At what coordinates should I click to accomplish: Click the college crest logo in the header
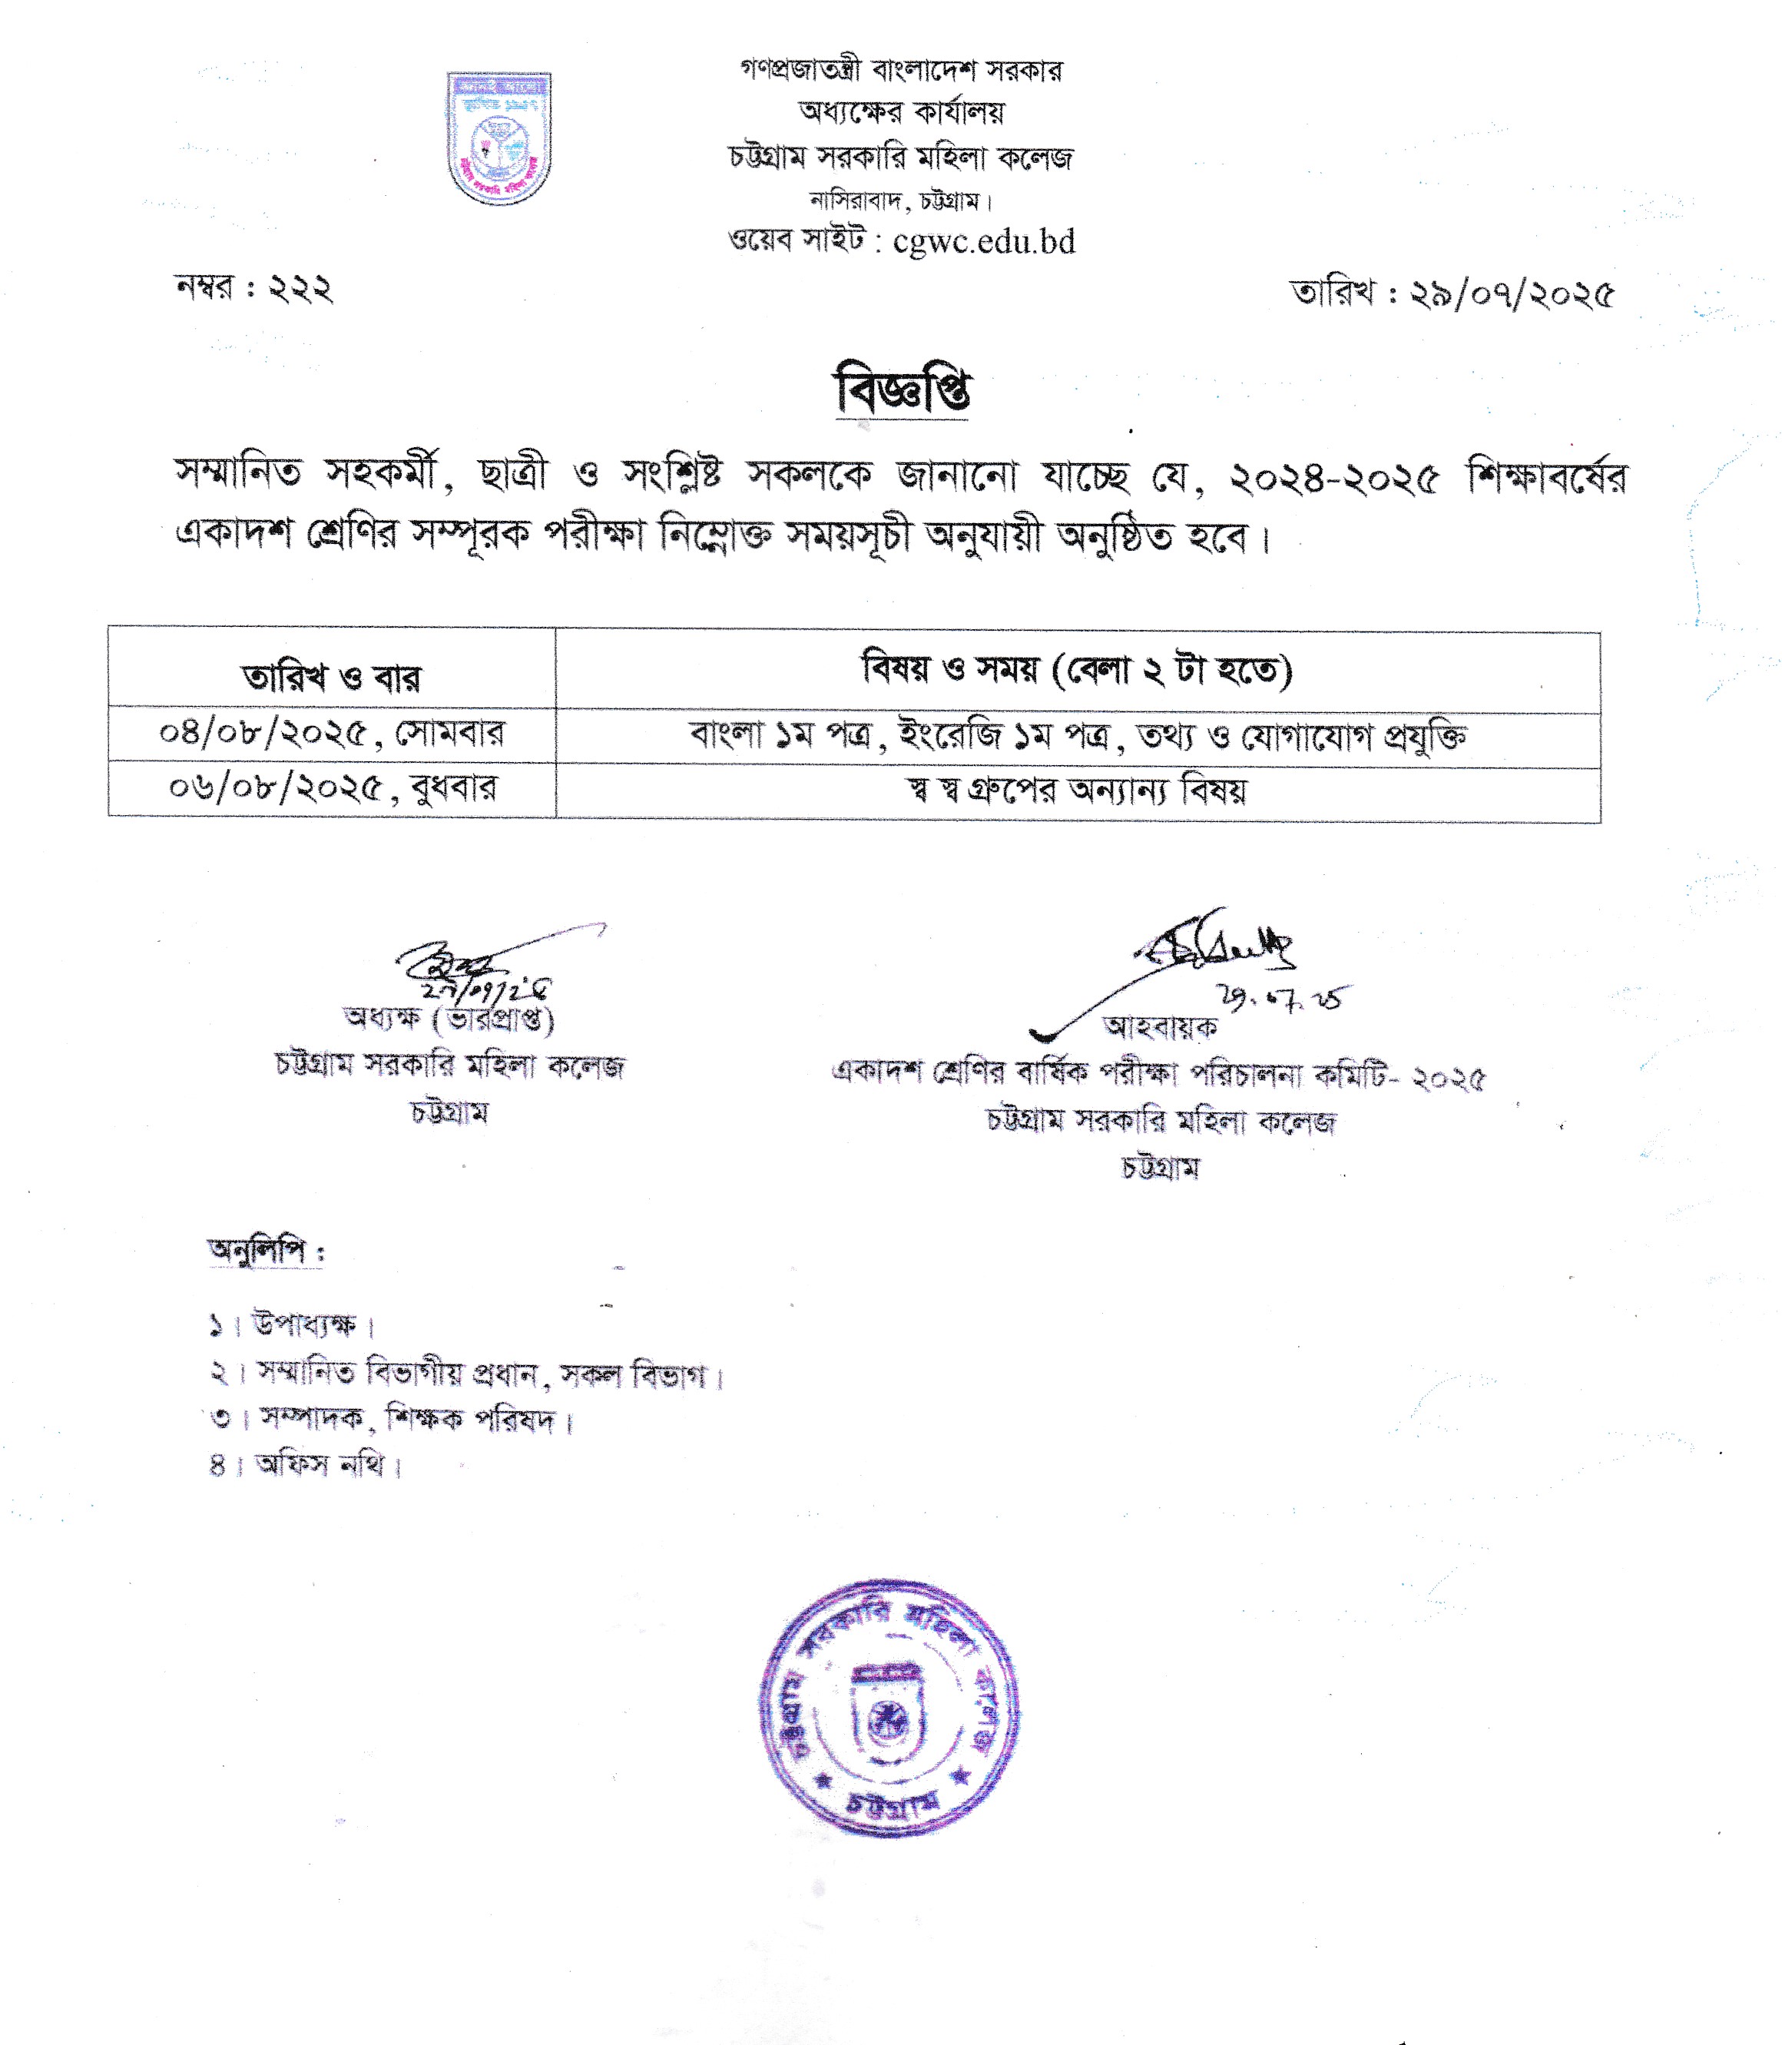pyautogui.click(x=499, y=138)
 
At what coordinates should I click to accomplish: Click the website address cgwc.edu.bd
pyautogui.click(x=983, y=242)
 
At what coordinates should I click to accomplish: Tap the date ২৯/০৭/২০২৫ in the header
pyautogui.click(x=1512, y=294)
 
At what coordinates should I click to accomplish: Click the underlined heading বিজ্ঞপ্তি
pyautogui.click(x=902, y=390)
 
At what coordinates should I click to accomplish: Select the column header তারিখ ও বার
pyautogui.click(x=331, y=678)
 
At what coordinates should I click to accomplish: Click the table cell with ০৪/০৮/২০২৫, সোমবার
pyautogui.click(x=331, y=734)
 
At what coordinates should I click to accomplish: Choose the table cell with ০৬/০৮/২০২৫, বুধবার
pyautogui.click(x=331, y=789)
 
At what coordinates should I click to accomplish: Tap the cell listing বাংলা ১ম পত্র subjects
pyautogui.click(x=1077, y=737)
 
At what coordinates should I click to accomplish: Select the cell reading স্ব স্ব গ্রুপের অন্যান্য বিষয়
pyautogui.click(x=1077, y=792)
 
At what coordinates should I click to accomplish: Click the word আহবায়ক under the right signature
pyautogui.click(x=1160, y=1027)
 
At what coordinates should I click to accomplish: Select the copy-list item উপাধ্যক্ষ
pyautogui.click(x=303, y=1325)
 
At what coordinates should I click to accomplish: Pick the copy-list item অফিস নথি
pyautogui.click(x=318, y=1465)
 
